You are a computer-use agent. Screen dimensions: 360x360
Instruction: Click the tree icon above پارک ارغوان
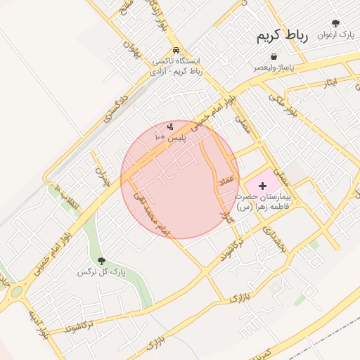pyautogui.click(x=335, y=23)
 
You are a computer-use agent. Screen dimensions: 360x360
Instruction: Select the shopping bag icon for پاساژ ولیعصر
pyautogui.click(x=273, y=57)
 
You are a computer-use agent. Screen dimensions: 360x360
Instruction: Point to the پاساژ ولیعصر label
pyautogui.click(x=274, y=69)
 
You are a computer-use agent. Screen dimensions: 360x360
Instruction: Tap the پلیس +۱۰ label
pyautogui.click(x=170, y=139)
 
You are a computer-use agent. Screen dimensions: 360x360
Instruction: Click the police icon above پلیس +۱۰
pyautogui.click(x=170, y=127)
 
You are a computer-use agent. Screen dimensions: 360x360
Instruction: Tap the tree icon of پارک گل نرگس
pyautogui.click(x=102, y=261)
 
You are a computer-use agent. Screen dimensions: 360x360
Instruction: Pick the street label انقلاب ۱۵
pyautogui.click(x=68, y=198)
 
